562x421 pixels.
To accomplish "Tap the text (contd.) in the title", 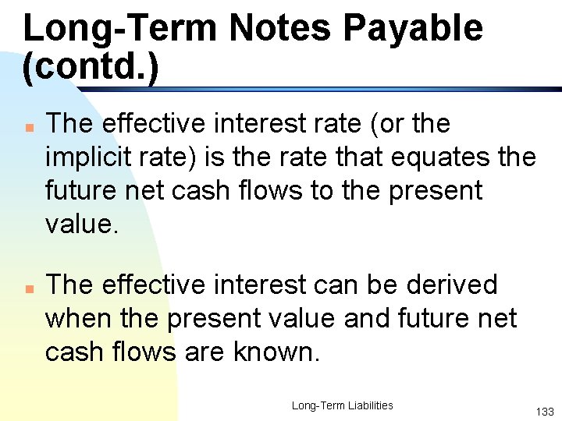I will coord(91,68).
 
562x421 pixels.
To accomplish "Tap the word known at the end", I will coord(276,352).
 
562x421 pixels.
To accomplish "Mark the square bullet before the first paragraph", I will coord(27,126).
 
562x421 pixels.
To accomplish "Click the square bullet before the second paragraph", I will coord(27,287).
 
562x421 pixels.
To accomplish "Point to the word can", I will coord(343,285).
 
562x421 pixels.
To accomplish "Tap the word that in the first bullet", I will coord(343,157).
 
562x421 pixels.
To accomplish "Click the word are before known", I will coord(206,352).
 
